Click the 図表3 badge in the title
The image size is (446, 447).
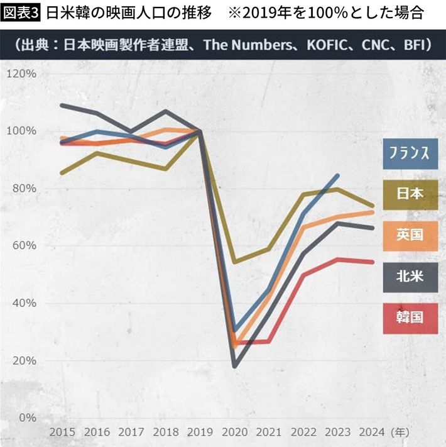[21, 12]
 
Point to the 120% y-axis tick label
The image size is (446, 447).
[22, 74]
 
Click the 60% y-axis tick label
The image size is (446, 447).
[24, 246]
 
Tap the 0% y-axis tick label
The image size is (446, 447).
[27, 417]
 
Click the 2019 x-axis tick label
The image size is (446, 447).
[200, 433]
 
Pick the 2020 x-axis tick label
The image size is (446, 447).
[236, 433]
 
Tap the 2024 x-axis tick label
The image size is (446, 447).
[373, 433]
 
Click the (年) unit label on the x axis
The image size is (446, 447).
[401, 433]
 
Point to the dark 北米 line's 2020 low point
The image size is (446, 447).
[235, 365]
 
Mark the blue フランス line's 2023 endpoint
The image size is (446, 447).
[338, 175]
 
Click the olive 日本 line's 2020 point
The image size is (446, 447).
[235, 262]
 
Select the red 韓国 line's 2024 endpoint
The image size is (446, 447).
[373, 262]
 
